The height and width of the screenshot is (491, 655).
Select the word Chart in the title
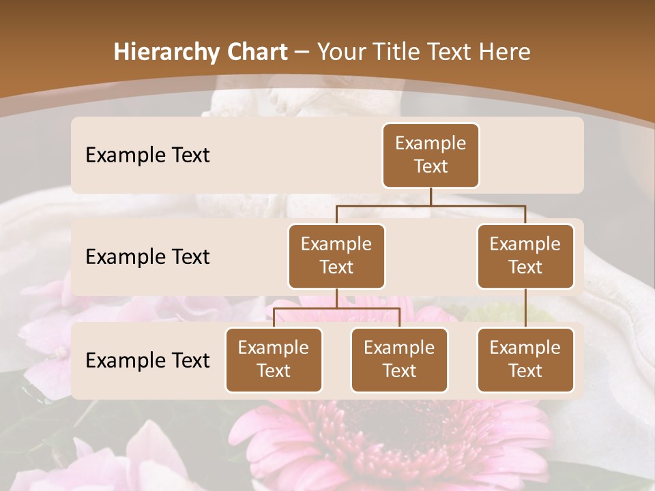pyautogui.click(x=257, y=53)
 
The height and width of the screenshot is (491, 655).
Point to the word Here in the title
pyautogui.click(x=505, y=53)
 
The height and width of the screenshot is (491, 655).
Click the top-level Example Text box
pyautogui.click(x=431, y=155)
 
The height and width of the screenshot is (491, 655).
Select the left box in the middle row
pyautogui.click(x=336, y=256)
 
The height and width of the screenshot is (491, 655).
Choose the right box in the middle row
pyautogui.click(x=525, y=256)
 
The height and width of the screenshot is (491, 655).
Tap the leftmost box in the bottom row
pyautogui.click(x=274, y=359)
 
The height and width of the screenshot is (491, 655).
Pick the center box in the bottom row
pyautogui.click(x=399, y=359)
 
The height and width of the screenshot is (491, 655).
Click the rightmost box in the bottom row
pyautogui.click(x=525, y=359)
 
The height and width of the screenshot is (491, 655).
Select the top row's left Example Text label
pyautogui.click(x=147, y=155)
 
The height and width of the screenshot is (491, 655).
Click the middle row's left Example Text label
pyautogui.click(x=147, y=256)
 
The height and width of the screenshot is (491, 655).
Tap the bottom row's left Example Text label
pyautogui.click(x=147, y=360)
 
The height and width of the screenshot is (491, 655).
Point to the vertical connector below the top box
pyautogui.click(x=431, y=196)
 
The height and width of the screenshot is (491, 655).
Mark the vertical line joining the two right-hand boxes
pyautogui.click(x=525, y=308)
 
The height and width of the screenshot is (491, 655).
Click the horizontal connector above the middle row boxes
pyautogui.click(x=431, y=205)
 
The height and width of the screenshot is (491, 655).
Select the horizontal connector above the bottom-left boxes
pyautogui.click(x=336, y=308)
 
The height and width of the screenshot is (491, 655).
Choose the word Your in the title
pyautogui.click(x=342, y=53)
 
